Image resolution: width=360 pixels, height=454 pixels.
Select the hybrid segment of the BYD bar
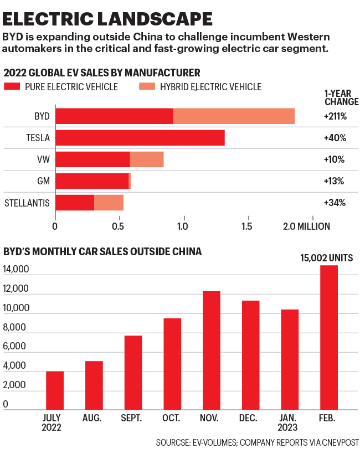click(x=234, y=116)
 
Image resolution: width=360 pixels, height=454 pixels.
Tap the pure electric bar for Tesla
click(x=140, y=138)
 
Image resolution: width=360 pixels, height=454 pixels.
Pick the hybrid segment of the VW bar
click(x=147, y=159)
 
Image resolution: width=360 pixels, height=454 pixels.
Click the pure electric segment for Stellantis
click(x=75, y=203)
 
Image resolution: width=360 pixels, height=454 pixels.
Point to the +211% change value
click(x=335, y=116)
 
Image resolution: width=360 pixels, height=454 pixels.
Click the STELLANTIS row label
click(x=27, y=203)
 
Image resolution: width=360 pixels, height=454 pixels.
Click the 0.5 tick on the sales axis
click(x=119, y=226)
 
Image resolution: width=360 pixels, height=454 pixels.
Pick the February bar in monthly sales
click(x=328, y=338)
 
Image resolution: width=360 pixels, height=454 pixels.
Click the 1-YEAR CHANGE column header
click(x=340, y=97)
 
